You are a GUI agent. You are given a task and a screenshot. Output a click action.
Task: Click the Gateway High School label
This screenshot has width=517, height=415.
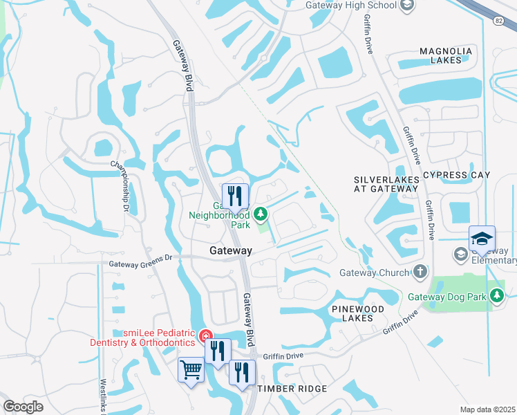pyautogui.click(x=351, y=6)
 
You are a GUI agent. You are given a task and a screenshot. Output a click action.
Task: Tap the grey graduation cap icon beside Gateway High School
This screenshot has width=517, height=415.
pyautogui.click(x=408, y=6)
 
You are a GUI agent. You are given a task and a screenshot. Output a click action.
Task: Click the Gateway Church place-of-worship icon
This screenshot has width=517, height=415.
pyautogui.click(x=420, y=273)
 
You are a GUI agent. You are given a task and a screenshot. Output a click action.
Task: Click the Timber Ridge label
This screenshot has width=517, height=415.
pyautogui.click(x=292, y=389)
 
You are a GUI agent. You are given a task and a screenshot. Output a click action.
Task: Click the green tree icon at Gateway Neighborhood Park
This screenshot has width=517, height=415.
pyautogui.click(x=261, y=214)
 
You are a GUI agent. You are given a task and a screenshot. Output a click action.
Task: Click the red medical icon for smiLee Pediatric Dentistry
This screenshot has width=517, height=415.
pyautogui.click(x=205, y=337)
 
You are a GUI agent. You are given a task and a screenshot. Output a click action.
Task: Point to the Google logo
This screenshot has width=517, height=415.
pyautogui.click(x=23, y=407)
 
